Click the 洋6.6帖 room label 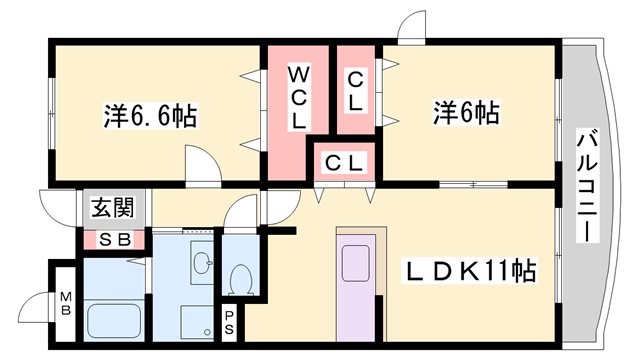click(x=149, y=116)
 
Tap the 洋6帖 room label click(x=465, y=112)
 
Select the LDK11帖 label click(x=471, y=270)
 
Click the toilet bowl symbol click(x=240, y=275)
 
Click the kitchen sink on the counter click(x=357, y=264)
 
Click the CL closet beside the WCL click(x=355, y=91)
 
